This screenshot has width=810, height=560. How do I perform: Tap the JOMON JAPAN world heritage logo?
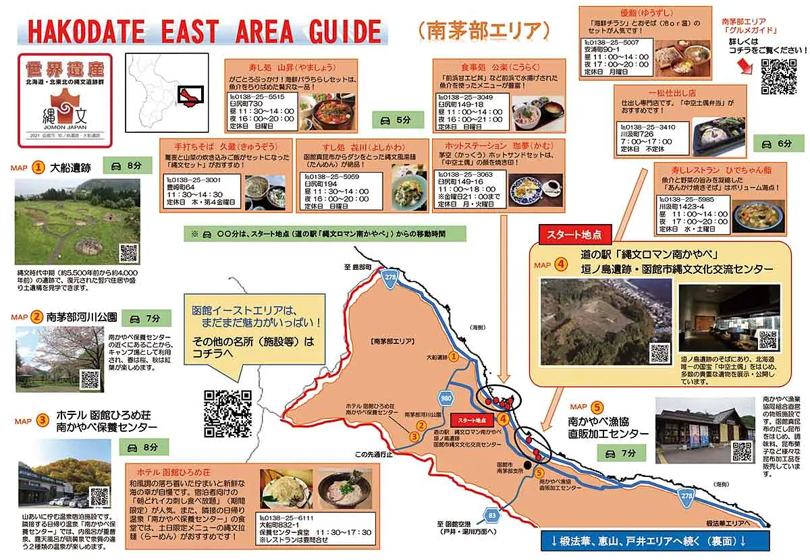65,99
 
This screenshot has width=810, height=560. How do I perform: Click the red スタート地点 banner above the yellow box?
574,233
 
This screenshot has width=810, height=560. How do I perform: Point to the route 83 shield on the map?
491,516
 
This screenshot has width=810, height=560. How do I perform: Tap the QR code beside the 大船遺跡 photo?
129,254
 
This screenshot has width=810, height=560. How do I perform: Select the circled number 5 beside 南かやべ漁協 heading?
597,407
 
